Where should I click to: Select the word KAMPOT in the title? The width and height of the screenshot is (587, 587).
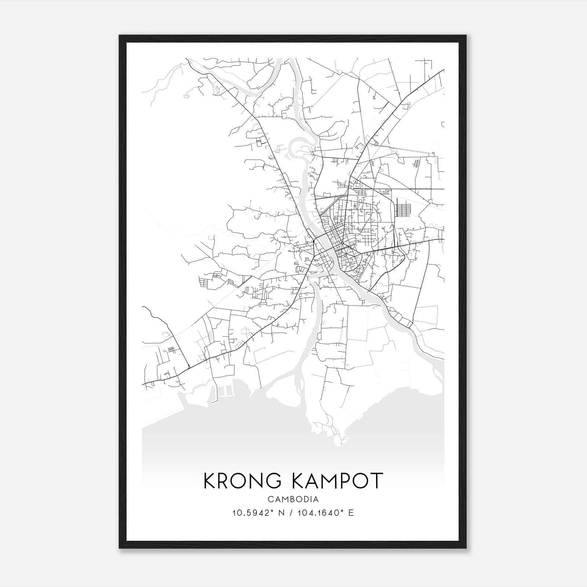(x=338, y=481)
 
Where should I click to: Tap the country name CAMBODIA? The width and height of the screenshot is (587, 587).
(x=293, y=499)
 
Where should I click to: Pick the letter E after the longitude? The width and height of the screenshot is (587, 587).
(x=351, y=513)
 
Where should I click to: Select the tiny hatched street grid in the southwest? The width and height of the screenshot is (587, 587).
(x=171, y=350)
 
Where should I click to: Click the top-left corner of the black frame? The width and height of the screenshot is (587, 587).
(x=120, y=36)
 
